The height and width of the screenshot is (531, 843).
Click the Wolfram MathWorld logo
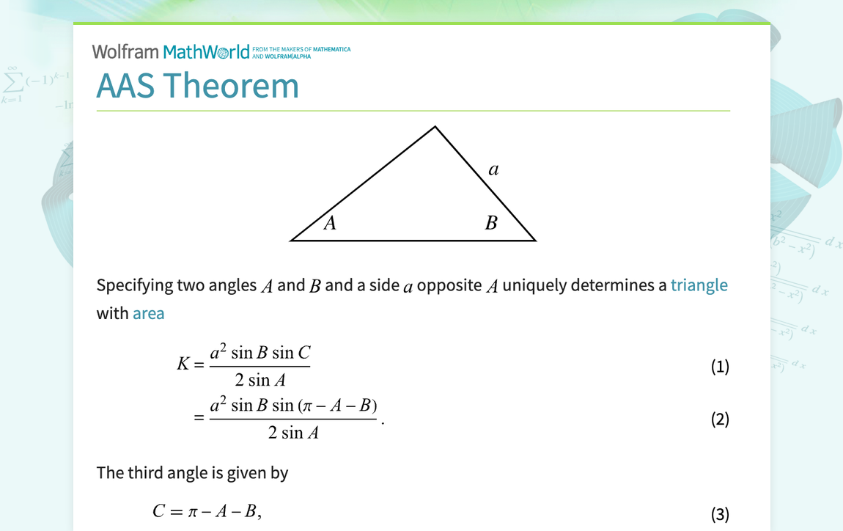click(x=171, y=51)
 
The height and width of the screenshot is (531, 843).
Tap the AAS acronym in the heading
click(x=125, y=86)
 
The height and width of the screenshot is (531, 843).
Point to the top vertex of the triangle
click(x=435, y=127)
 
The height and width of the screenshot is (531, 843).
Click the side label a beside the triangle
click(x=493, y=170)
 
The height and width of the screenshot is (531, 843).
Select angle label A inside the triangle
click(x=330, y=223)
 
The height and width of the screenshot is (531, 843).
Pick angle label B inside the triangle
click(x=491, y=223)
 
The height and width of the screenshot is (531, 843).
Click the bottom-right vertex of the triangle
click(x=534, y=239)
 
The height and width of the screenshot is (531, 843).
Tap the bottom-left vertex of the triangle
click(x=292, y=239)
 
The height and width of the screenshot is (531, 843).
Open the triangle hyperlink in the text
click(x=699, y=285)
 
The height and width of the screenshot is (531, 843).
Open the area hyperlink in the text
click(x=149, y=314)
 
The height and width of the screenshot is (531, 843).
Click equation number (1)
click(x=720, y=367)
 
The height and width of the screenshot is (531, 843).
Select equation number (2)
click(x=720, y=420)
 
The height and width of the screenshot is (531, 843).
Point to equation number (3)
click(x=720, y=515)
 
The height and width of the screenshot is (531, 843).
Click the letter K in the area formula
click(x=183, y=364)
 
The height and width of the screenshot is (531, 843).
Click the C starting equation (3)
click(x=159, y=511)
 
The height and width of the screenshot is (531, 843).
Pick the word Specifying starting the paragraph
click(x=135, y=285)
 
